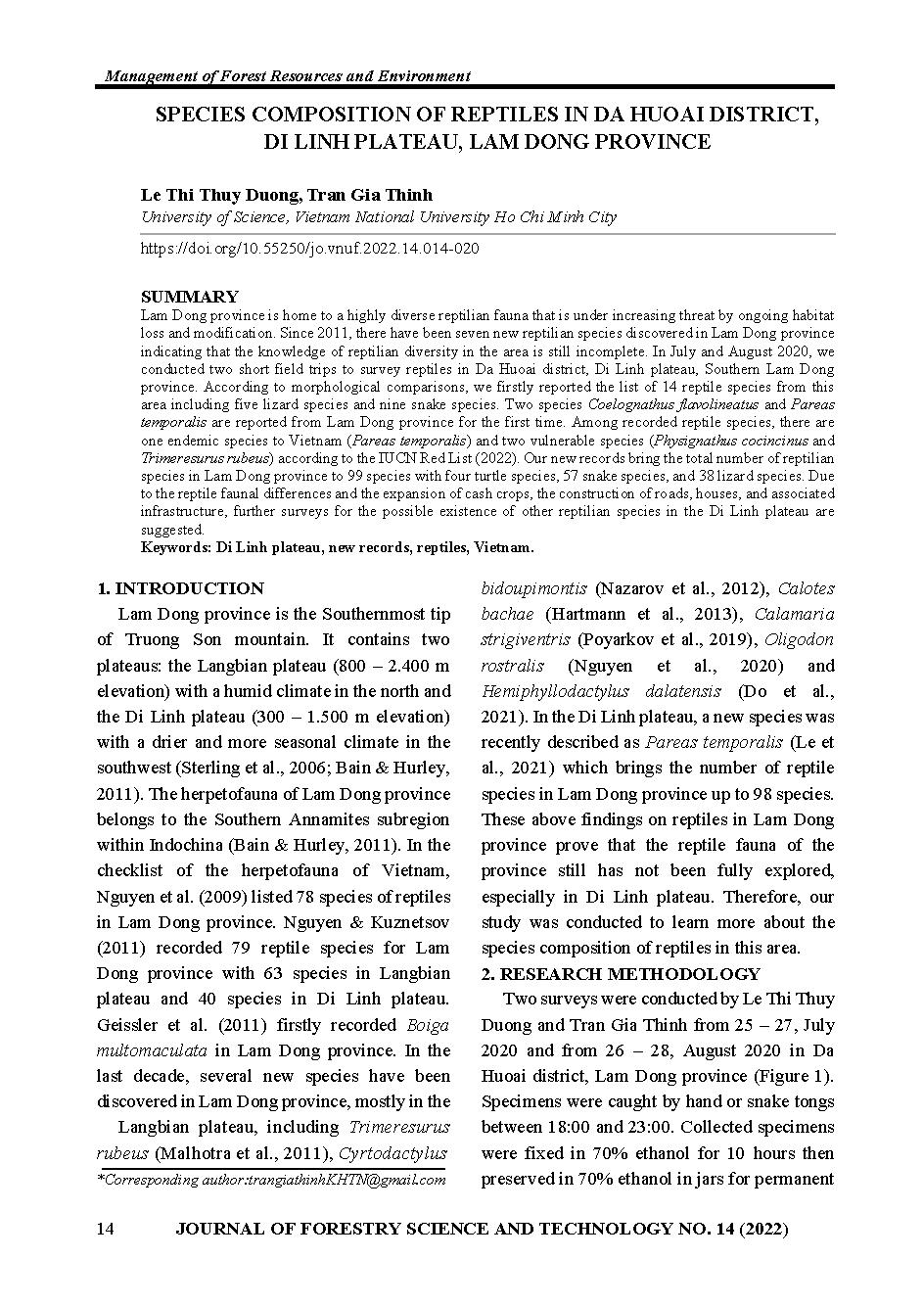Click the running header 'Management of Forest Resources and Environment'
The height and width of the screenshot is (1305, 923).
pyautogui.click(x=286, y=75)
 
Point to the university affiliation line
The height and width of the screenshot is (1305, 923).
pyautogui.click(x=379, y=217)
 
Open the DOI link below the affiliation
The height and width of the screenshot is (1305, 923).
pyautogui.click(x=309, y=249)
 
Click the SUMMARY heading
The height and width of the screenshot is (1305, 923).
pyautogui.click(x=189, y=297)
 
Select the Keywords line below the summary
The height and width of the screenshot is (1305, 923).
pyautogui.click(x=338, y=547)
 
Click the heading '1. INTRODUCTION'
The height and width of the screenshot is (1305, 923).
pyautogui.click(x=180, y=588)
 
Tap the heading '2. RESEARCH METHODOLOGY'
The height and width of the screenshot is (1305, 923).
pyautogui.click(x=621, y=973)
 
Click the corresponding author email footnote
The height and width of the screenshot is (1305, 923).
pyautogui.click(x=271, y=1180)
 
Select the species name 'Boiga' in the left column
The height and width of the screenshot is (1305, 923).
pyautogui.click(x=428, y=1025)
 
